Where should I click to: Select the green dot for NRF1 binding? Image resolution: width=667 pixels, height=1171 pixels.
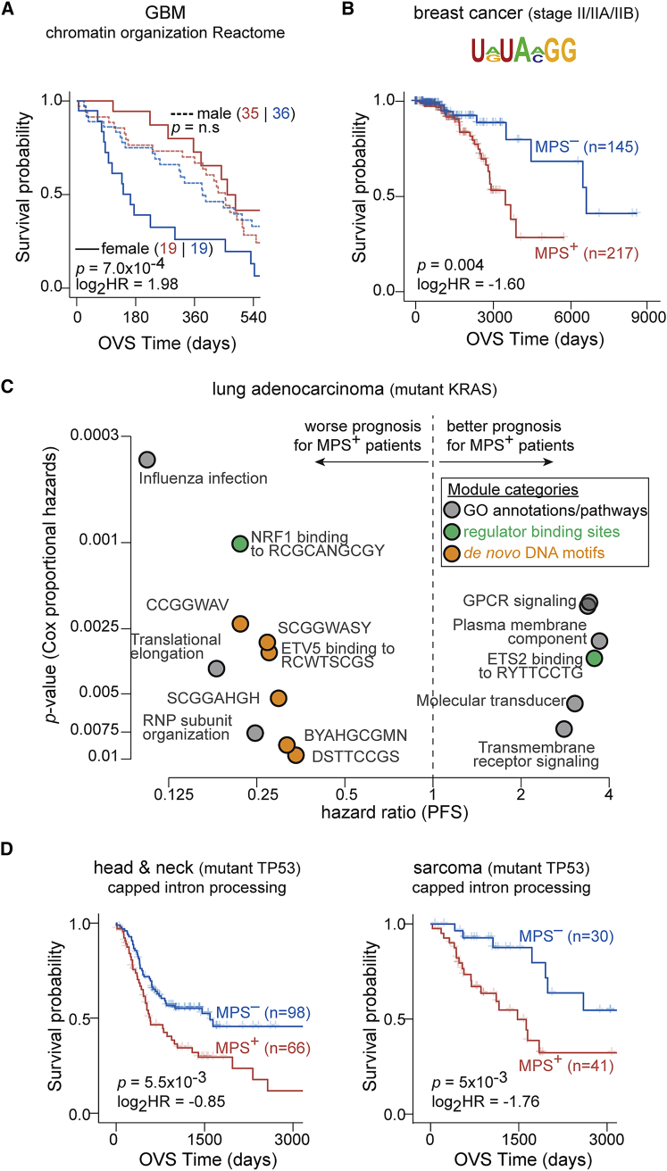(239, 544)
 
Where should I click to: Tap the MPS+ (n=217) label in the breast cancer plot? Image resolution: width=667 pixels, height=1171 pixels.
(586, 253)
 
